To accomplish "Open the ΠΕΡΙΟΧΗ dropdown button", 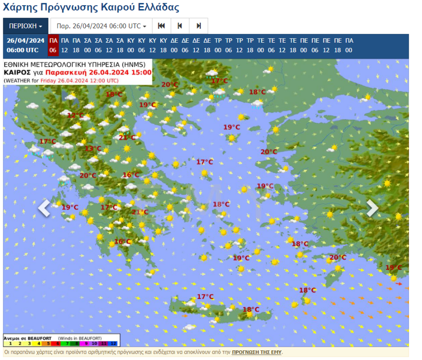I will (25, 26).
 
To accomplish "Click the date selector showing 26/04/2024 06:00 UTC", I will (101, 26).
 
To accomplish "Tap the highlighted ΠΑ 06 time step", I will (53, 45).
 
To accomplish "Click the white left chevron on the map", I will (44, 208).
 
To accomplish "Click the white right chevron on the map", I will (372, 208).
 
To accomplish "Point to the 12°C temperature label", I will (75, 116).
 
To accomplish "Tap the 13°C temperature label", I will (93, 149).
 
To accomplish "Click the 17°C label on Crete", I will (205, 297).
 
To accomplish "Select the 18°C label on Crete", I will (251, 309).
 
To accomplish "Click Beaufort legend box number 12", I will (114, 343).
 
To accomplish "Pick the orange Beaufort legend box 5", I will (41, 343).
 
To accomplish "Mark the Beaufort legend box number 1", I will (10, 343).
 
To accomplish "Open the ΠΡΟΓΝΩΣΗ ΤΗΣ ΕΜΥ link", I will (257, 352).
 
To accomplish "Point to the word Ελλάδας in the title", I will (156, 8).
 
